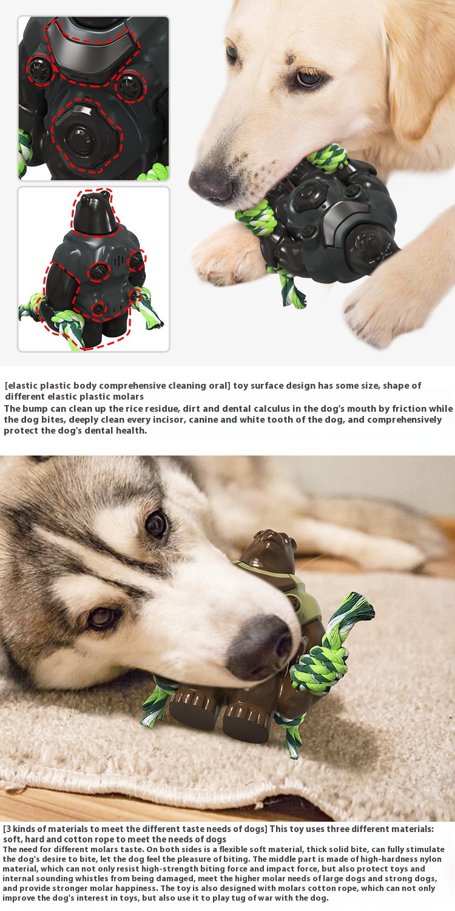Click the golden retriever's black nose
point(212,185)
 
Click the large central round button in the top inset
point(81,136)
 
